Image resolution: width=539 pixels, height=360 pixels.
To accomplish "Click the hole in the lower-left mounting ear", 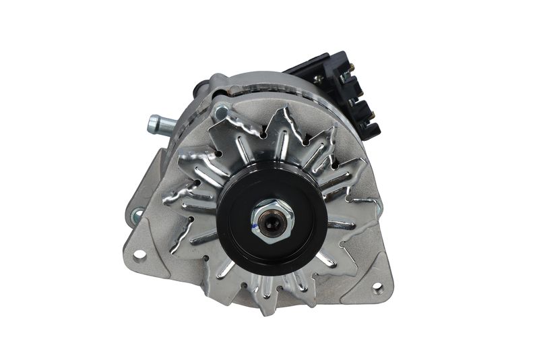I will [139, 254].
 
